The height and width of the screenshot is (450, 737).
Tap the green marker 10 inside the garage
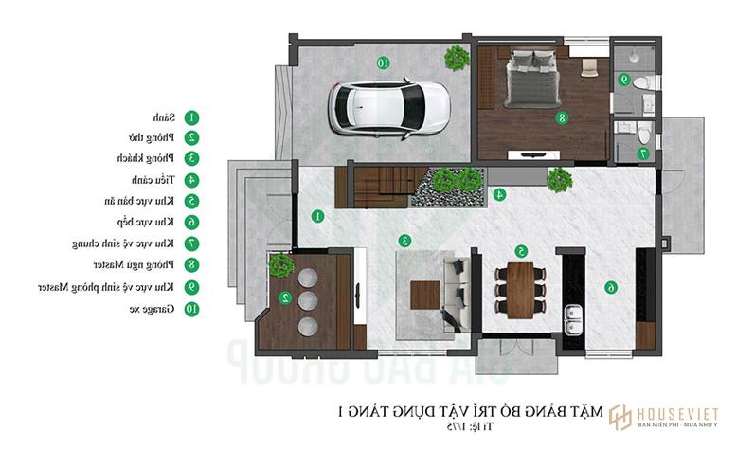384,63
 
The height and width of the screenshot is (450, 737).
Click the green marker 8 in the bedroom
562,118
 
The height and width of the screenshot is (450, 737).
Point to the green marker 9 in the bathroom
624,81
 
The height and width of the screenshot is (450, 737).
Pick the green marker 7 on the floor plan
643,153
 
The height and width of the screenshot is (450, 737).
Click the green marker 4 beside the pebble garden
499,194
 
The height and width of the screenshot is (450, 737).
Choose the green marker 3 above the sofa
404,241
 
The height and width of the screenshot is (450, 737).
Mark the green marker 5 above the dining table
521,251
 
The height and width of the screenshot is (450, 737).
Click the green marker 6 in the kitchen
611,287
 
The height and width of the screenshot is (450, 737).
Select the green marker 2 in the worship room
283,297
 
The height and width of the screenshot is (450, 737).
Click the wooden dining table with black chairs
521,290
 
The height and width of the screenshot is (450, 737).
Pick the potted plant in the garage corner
458,57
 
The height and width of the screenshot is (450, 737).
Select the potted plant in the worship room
281,265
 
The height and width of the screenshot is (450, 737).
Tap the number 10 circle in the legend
191,308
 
